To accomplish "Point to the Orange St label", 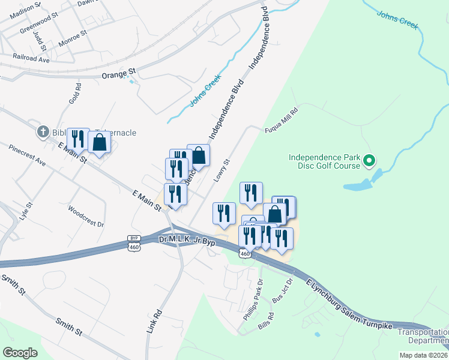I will click(x=119, y=74).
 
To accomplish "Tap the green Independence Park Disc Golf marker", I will click(x=370, y=160).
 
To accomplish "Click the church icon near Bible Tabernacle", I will click(x=43, y=131).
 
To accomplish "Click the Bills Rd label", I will click(x=265, y=323).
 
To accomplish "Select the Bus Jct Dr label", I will click(x=282, y=290).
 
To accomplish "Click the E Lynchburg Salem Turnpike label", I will click(x=352, y=305).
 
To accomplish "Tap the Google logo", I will click(x=20, y=352).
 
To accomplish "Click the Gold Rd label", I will click(x=74, y=93).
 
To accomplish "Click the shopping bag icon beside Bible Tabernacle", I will click(x=100, y=143).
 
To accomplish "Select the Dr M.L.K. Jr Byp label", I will click(x=187, y=240).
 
